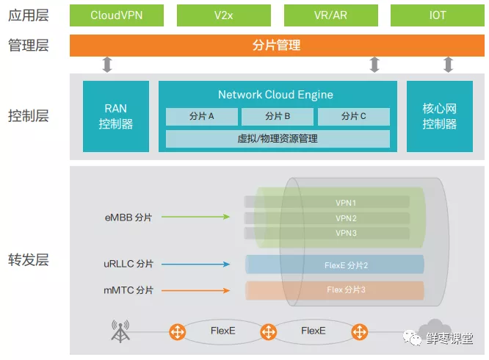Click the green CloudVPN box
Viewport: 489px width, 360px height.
coord(117,15)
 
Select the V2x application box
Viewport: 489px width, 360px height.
coord(224,15)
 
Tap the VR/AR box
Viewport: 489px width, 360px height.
coord(331,15)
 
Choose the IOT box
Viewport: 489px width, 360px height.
coord(438,15)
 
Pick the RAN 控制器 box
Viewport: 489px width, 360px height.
coord(116,117)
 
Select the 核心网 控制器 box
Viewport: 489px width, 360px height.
coord(439,117)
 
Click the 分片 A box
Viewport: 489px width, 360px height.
coord(202,116)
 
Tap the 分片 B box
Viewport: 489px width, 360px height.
coord(278,116)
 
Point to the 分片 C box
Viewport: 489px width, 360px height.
coord(353,116)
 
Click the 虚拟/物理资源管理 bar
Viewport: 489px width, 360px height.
coord(278,138)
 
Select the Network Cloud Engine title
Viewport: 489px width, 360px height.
coord(275,95)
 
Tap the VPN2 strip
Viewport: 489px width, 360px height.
coord(345,217)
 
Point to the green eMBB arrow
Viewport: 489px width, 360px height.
coord(195,217)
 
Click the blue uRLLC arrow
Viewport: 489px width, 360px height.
coord(195,264)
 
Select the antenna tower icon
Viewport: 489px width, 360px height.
coord(120,331)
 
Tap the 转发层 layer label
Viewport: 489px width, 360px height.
coord(28,259)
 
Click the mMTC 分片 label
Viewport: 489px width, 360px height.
coord(128,290)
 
